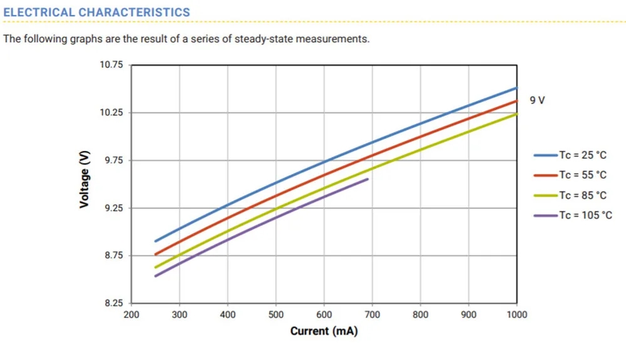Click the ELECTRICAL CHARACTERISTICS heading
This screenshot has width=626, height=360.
pyautogui.click(x=96, y=13)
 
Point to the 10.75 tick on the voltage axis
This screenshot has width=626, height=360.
pyautogui.click(x=112, y=65)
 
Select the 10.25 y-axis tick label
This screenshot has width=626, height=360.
pyautogui.click(x=112, y=113)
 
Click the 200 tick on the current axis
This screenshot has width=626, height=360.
pyautogui.click(x=131, y=314)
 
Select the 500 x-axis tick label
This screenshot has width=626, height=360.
pyautogui.click(x=276, y=314)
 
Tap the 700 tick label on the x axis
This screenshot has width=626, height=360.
pyautogui.click(x=372, y=314)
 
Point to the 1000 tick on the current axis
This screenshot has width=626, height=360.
pyautogui.click(x=517, y=314)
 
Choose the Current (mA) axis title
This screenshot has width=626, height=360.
pyautogui.click(x=324, y=331)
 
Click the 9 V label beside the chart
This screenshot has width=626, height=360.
pyautogui.click(x=537, y=100)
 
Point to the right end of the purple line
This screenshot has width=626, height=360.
pyautogui.click(x=367, y=179)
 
